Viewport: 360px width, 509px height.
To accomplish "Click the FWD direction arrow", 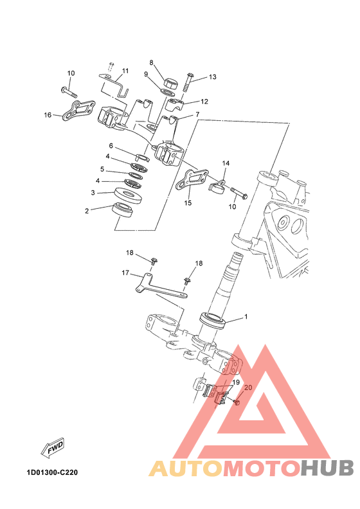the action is pos(53,449).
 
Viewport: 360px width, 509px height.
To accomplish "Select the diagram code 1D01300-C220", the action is pos(52,472).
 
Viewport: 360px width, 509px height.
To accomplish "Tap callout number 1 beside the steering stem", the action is pos(246,316).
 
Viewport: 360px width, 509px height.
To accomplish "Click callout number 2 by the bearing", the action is pos(87,211).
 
